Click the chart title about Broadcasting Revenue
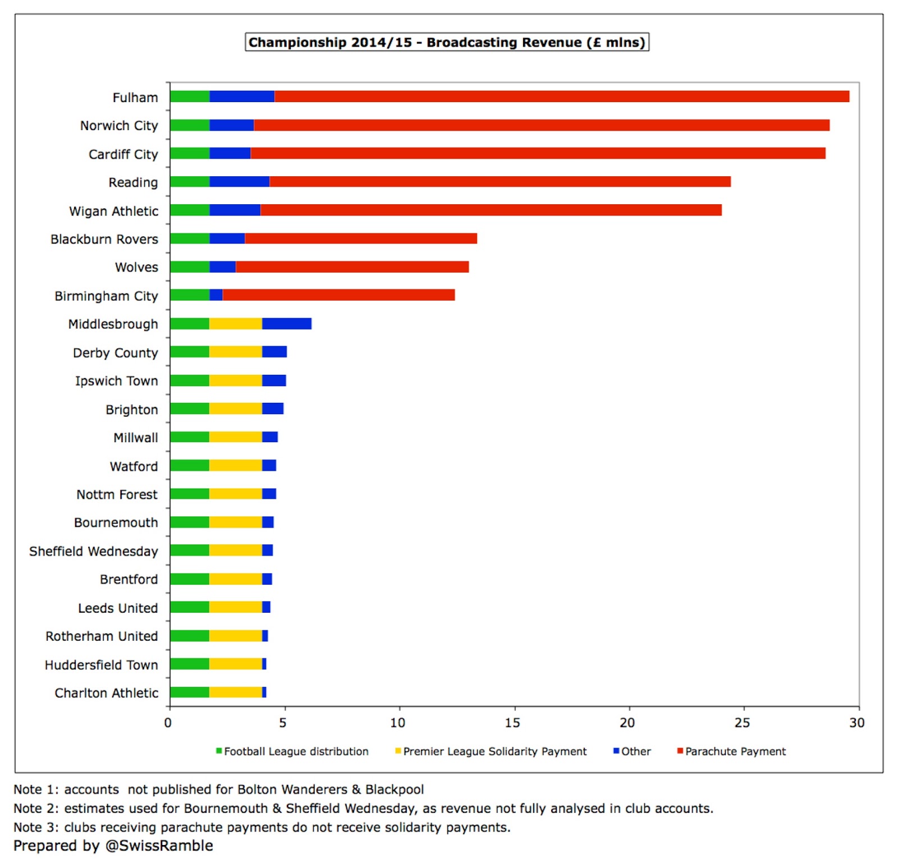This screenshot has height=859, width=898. click(447, 43)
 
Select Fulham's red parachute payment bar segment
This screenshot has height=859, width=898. click(561, 97)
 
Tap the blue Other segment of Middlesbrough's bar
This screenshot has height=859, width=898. click(286, 324)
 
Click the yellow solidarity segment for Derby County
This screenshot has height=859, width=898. click(235, 352)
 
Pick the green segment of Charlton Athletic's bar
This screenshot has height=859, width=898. click(190, 692)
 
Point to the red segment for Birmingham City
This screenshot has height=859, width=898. click(338, 295)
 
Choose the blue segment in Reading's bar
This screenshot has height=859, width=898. click(239, 182)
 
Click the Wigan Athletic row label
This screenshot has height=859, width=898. click(114, 211)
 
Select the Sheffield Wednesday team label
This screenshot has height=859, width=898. click(94, 551)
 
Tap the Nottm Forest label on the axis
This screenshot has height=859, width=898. click(117, 494)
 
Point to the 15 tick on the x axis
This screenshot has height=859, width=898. click(512, 723)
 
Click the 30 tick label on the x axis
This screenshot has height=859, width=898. click(856, 723)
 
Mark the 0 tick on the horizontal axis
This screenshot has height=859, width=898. click(168, 723)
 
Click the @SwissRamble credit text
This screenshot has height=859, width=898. click(159, 846)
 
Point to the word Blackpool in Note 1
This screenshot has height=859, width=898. click(395, 789)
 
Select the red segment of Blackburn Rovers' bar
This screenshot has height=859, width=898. click(360, 238)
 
